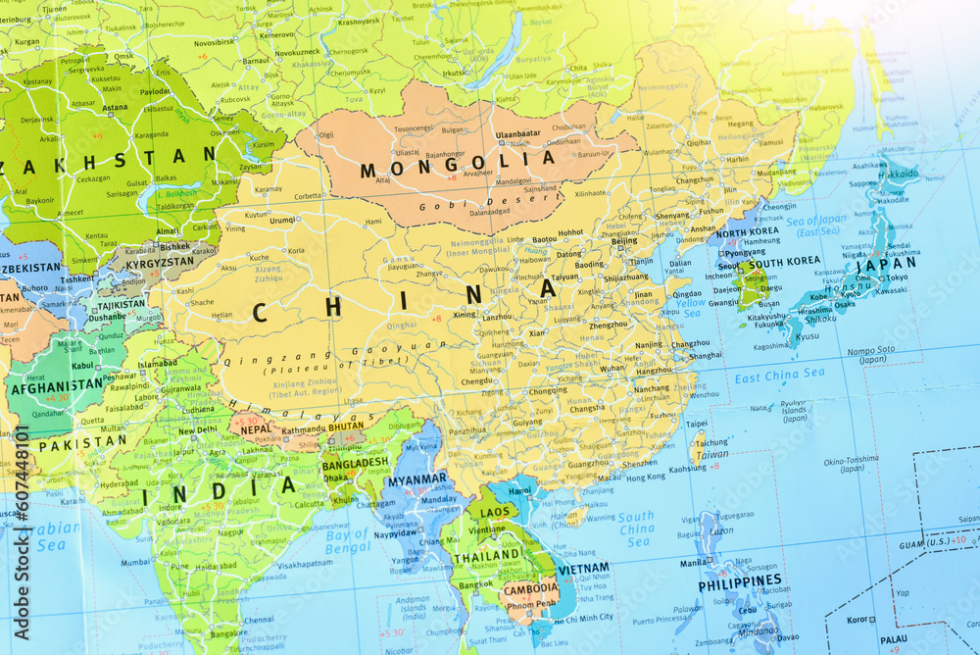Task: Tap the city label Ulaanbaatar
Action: point(518,134)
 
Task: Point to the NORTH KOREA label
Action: point(747,232)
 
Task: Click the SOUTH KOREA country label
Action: point(784,262)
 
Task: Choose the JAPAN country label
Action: point(886,263)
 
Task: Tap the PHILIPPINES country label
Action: point(739,581)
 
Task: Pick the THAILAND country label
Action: point(486,555)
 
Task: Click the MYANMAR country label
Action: point(416,480)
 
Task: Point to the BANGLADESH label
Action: point(355,463)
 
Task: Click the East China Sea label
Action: point(779,375)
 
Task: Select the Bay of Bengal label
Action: point(348,541)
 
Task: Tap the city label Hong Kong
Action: point(645,478)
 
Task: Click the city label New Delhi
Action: point(198,429)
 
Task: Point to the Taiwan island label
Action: point(712,454)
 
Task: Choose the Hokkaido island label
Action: point(898,174)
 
